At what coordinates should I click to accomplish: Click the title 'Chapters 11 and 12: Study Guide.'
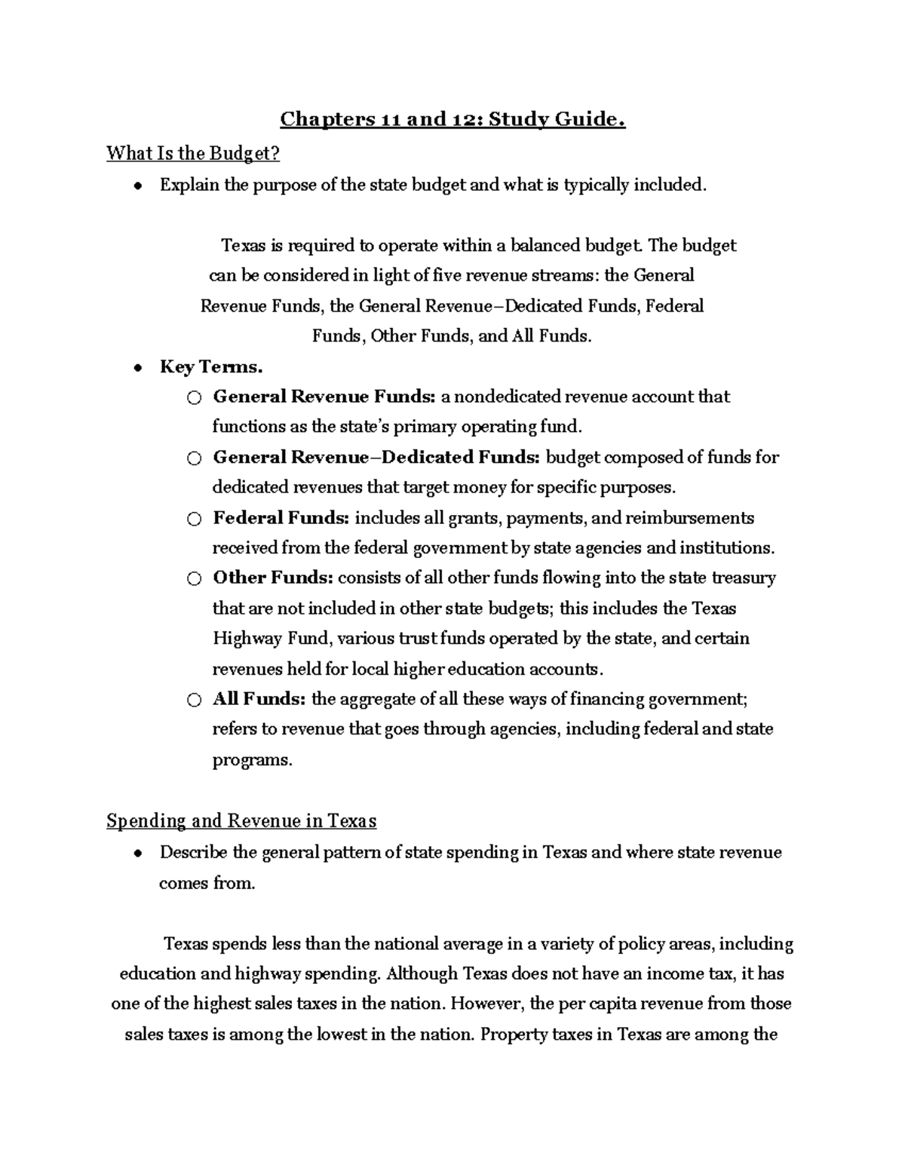[452, 120]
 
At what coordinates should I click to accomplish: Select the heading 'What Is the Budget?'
[193, 153]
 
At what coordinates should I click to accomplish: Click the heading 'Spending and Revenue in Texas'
[241, 820]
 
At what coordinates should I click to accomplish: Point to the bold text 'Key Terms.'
[211, 367]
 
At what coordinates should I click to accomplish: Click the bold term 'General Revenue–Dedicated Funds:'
[376, 458]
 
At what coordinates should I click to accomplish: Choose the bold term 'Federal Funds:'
[281, 518]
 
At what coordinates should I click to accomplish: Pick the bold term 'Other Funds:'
[272, 578]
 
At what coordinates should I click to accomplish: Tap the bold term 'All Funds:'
[259, 699]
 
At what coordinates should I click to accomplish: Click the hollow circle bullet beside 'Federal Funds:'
[195, 520]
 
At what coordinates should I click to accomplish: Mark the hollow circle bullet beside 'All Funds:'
[195, 700]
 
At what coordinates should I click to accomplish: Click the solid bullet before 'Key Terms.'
[137, 369]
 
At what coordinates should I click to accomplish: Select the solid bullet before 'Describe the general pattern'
[137, 854]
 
